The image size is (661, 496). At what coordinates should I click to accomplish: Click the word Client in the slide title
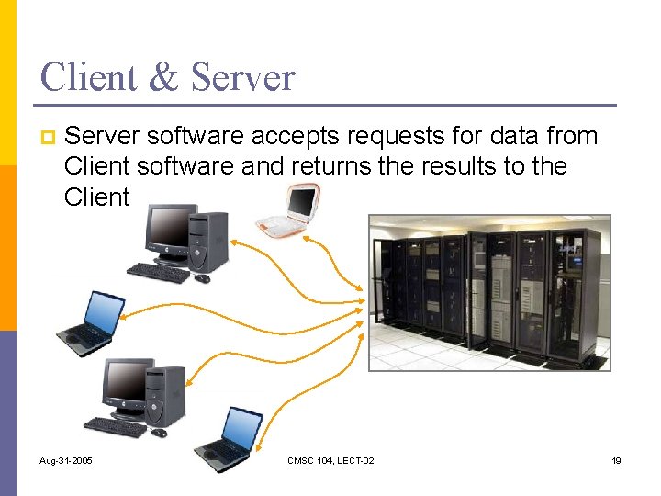click(x=86, y=77)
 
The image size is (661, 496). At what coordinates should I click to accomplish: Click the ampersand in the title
click(x=163, y=77)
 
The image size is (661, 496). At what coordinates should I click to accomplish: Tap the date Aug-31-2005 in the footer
click(x=67, y=460)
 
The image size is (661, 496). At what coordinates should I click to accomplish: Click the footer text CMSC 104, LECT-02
click(x=330, y=460)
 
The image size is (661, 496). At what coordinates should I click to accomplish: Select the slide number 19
click(x=616, y=460)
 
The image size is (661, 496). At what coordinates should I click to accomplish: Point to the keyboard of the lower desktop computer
click(x=115, y=426)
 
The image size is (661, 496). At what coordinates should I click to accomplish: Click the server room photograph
click(x=489, y=292)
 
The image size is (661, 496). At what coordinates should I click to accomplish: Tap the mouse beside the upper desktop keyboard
click(x=202, y=277)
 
